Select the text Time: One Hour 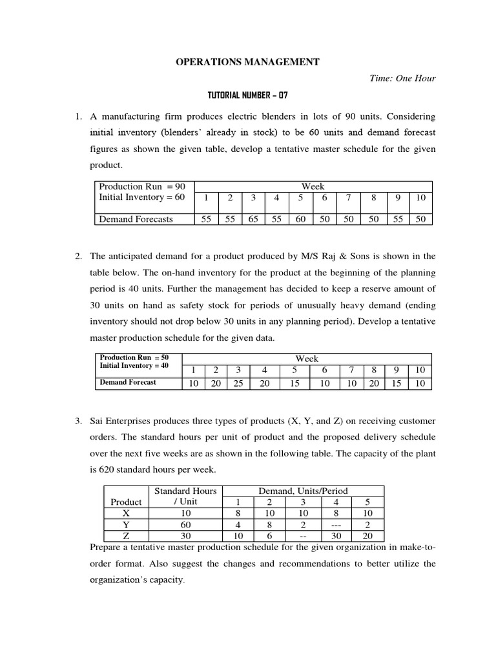(x=402, y=79)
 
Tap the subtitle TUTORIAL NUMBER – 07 (x=247, y=96)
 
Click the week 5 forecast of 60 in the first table (x=300, y=219)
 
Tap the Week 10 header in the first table (x=420, y=198)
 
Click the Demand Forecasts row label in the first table (x=136, y=219)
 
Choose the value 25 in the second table (x=238, y=383)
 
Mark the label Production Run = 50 (x=134, y=357)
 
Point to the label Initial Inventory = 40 (x=134, y=366)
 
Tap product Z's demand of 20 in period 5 (x=367, y=537)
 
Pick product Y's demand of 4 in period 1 (x=238, y=525)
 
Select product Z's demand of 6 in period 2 (x=271, y=537)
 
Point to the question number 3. (x=78, y=421)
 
